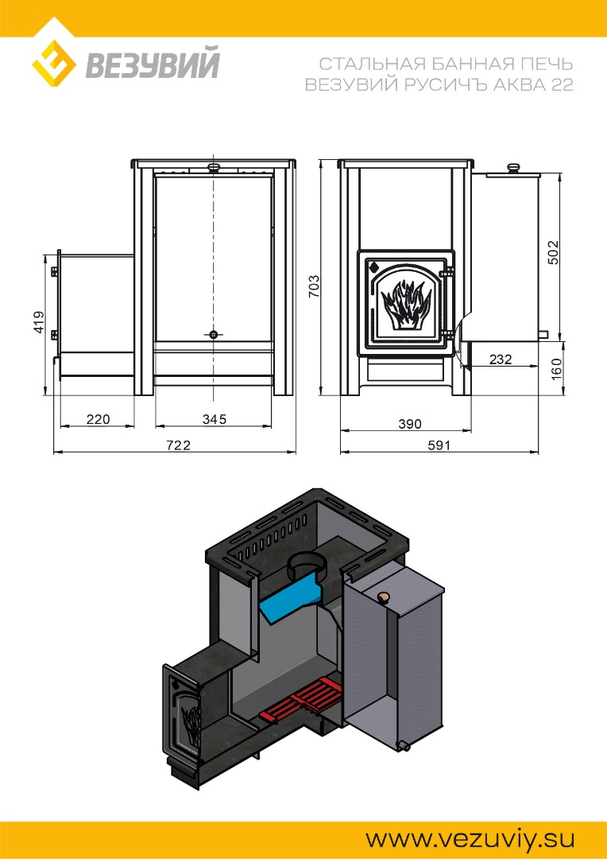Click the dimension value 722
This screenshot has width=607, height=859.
point(179,445)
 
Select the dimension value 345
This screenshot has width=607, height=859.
point(214,419)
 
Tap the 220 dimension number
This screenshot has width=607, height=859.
point(98,419)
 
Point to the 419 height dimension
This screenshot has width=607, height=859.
point(39,323)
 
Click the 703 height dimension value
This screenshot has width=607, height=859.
point(314,286)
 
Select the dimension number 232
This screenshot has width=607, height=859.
point(501,360)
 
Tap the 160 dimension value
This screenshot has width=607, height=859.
point(555,369)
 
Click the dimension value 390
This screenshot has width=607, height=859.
point(410,423)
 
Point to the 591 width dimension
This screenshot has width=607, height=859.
point(439,445)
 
